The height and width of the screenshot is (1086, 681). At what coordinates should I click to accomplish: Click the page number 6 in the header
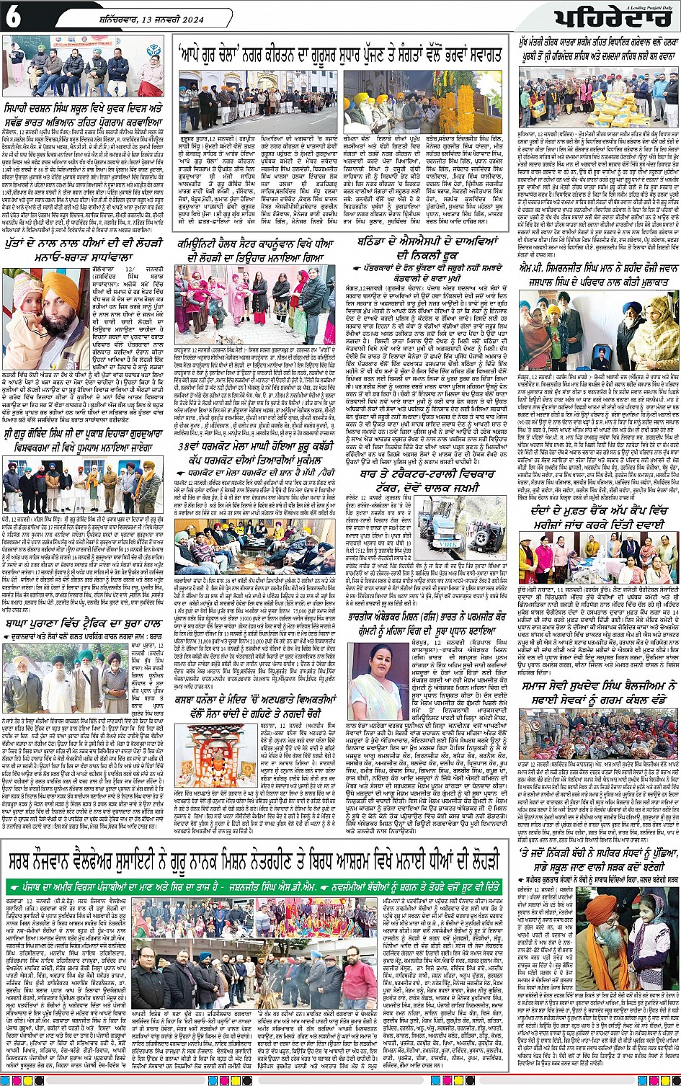coord(14,19)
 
